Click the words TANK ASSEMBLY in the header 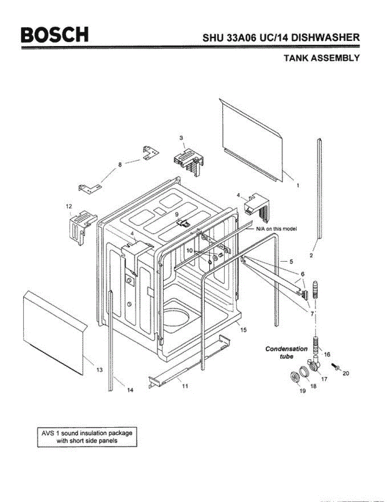tap(321, 58)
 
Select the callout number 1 tap(298, 185)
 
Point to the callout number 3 tap(181, 138)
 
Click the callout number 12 tap(69, 206)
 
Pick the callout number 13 tap(99, 370)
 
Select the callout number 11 tap(185, 386)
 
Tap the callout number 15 tap(244, 330)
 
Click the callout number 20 tap(346, 374)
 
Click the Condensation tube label tap(286, 353)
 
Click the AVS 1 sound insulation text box tap(87, 437)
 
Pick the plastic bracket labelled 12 tap(81, 226)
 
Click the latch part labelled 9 tap(183, 223)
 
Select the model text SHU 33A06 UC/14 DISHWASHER tap(281, 38)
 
